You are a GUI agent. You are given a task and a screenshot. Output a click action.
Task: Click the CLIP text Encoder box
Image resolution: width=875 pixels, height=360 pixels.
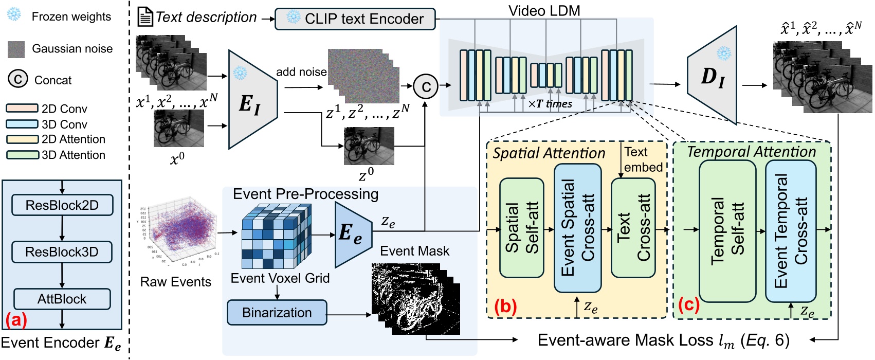click(x=355, y=19)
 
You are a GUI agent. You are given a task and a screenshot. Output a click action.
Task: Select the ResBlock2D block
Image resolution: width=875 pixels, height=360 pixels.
click(x=62, y=205)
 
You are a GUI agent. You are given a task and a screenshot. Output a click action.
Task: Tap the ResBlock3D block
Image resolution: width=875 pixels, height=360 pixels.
click(x=62, y=252)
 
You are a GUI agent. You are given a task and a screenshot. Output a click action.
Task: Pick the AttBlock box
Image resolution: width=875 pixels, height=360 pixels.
click(x=62, y=299)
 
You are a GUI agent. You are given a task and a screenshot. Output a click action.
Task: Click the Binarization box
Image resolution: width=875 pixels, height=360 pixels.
click(x=277, y=313)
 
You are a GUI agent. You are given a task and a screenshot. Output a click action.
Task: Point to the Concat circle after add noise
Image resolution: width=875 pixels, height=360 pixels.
click(x=426, y=86)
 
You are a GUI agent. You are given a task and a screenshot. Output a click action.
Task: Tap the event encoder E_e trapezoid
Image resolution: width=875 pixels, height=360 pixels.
click(x=352, y=234)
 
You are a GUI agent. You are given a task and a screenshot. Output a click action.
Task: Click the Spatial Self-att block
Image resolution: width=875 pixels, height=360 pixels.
click(x=521, y=228)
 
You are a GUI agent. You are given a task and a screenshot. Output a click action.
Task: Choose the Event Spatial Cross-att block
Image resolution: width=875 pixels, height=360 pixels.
click(x=577, y=228)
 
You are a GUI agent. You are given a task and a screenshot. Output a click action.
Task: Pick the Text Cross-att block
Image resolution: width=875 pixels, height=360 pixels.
click(x=633, y=228)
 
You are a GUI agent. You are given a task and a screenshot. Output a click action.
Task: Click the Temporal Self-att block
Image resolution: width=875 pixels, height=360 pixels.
click(x=727, y=231)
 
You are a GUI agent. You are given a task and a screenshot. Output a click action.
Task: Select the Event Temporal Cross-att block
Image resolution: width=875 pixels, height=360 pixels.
click(x=790, y=231)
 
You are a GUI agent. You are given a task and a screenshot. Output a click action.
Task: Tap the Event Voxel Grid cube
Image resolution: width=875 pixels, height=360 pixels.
click(x=276, y=236)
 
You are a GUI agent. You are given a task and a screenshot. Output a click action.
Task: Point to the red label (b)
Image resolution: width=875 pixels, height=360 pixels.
click(x=505, y=306)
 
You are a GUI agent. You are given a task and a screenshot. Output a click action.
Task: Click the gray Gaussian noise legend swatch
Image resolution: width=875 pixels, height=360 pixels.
click(x=16, y=49)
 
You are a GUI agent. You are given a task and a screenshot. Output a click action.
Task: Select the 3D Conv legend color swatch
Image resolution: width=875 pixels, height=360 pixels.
click(x=22, y=124)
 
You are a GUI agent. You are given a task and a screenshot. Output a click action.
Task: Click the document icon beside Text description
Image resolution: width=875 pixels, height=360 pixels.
click(x=145, y=18)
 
